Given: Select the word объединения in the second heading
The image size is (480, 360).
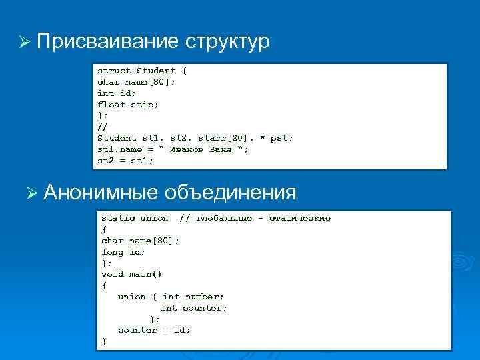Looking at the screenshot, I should (230, 193).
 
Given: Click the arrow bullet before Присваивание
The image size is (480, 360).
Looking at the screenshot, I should (25, 43).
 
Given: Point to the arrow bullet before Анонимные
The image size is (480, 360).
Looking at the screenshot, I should (30, 194).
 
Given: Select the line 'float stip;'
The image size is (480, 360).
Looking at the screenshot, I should (128, 105).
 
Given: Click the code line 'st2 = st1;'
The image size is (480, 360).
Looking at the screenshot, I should (125, 161).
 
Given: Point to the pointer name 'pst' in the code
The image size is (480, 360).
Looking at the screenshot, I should (280, 138).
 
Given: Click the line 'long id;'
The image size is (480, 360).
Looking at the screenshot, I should (123, 252).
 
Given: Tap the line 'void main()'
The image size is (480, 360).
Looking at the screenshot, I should (131, 274).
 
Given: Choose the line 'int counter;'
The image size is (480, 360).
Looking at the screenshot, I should (193, 308).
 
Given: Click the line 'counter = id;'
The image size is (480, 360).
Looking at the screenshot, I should (154, 330).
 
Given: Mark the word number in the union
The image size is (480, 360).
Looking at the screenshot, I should (204, 297).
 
